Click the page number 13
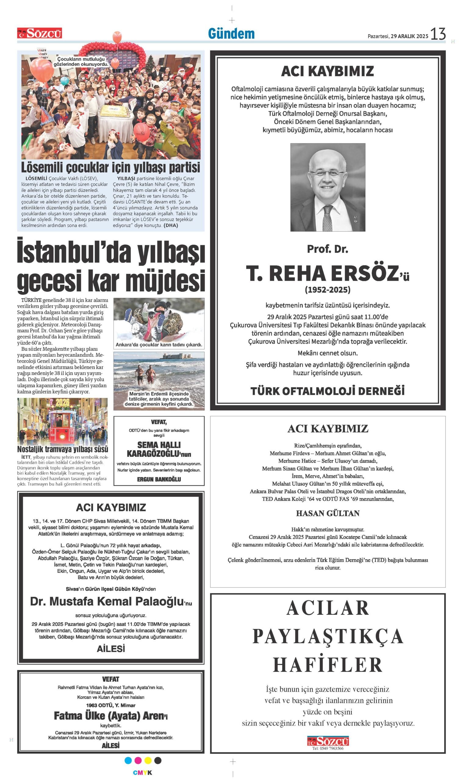pyautogui.click(x=438, y=34)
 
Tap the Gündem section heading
pyautogui.click(x=231, y=34)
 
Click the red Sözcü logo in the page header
pyautogui.click(x=40, y=33)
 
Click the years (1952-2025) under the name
pyautogui.click(x=328, y=290)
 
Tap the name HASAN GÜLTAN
pyautogui.click(x=328, y=513)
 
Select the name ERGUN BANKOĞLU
pyautogui.click(x=159, y=479)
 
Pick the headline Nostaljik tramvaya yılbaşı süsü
pyautogui.click(x=63, y=449)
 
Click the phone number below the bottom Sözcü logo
pyautogui.click(x=328, y=748)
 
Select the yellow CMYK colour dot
pyautogui.click(x=148, y=760)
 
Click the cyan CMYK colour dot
pyautogui.click(x=128, y=760)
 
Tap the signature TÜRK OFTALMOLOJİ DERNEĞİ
pyautogui.click(x=328, y=391)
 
